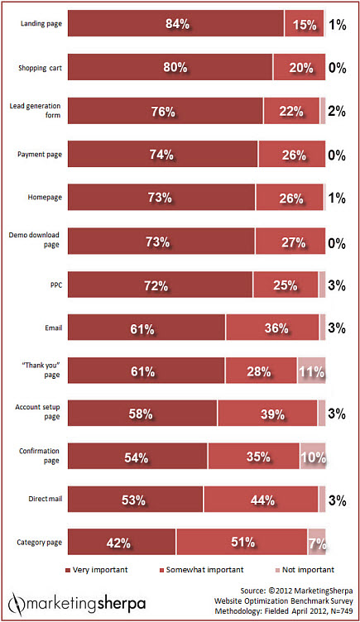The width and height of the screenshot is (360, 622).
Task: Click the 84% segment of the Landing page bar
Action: point(175,25)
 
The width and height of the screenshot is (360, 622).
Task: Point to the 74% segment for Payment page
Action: point(162,155)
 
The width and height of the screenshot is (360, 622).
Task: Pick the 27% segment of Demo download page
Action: point(290,242)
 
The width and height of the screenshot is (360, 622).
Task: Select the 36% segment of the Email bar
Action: point(271,328)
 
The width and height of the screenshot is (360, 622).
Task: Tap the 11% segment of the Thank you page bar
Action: point(311,371)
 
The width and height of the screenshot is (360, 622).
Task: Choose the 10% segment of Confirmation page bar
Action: point(312,457)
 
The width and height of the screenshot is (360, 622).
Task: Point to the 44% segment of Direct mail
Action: point(261,500)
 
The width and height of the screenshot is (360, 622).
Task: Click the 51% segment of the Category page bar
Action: point(241,543)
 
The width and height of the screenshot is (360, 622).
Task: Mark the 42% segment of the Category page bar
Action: point(122,543)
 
